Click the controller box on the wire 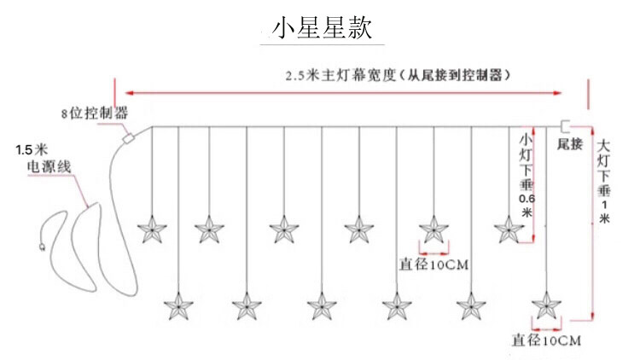click(x=130, y=136)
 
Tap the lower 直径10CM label click(x=546, y=340)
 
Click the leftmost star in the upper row click(x=154, y=229)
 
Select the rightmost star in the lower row click(x=544, y=305)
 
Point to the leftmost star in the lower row click(x=178, y=305)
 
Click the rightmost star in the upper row click(x=509, y=229)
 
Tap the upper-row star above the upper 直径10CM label click(x=433, y=229)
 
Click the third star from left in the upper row click(x=284, y=229)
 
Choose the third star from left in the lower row click(x=321, y=305)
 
